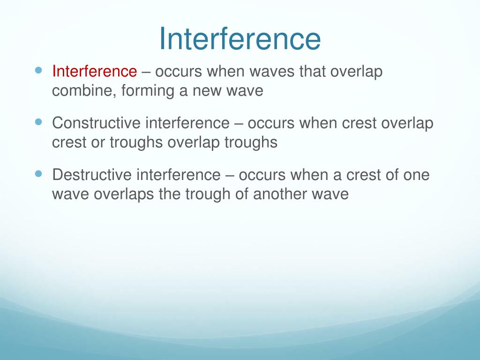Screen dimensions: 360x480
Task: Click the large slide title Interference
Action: tap(240, 38)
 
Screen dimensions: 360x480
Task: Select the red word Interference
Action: tap(94, 72)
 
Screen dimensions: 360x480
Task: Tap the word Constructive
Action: tap(96, 123)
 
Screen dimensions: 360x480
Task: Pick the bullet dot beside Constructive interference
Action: tap(38, 122)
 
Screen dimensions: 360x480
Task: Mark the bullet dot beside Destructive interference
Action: tap(38, 173)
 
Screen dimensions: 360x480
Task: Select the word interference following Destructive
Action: tap(178, 175)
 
